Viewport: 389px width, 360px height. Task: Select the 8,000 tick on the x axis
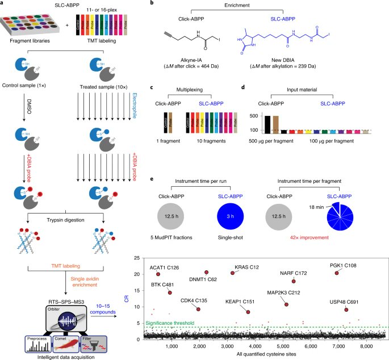click(x=366, y=345)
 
